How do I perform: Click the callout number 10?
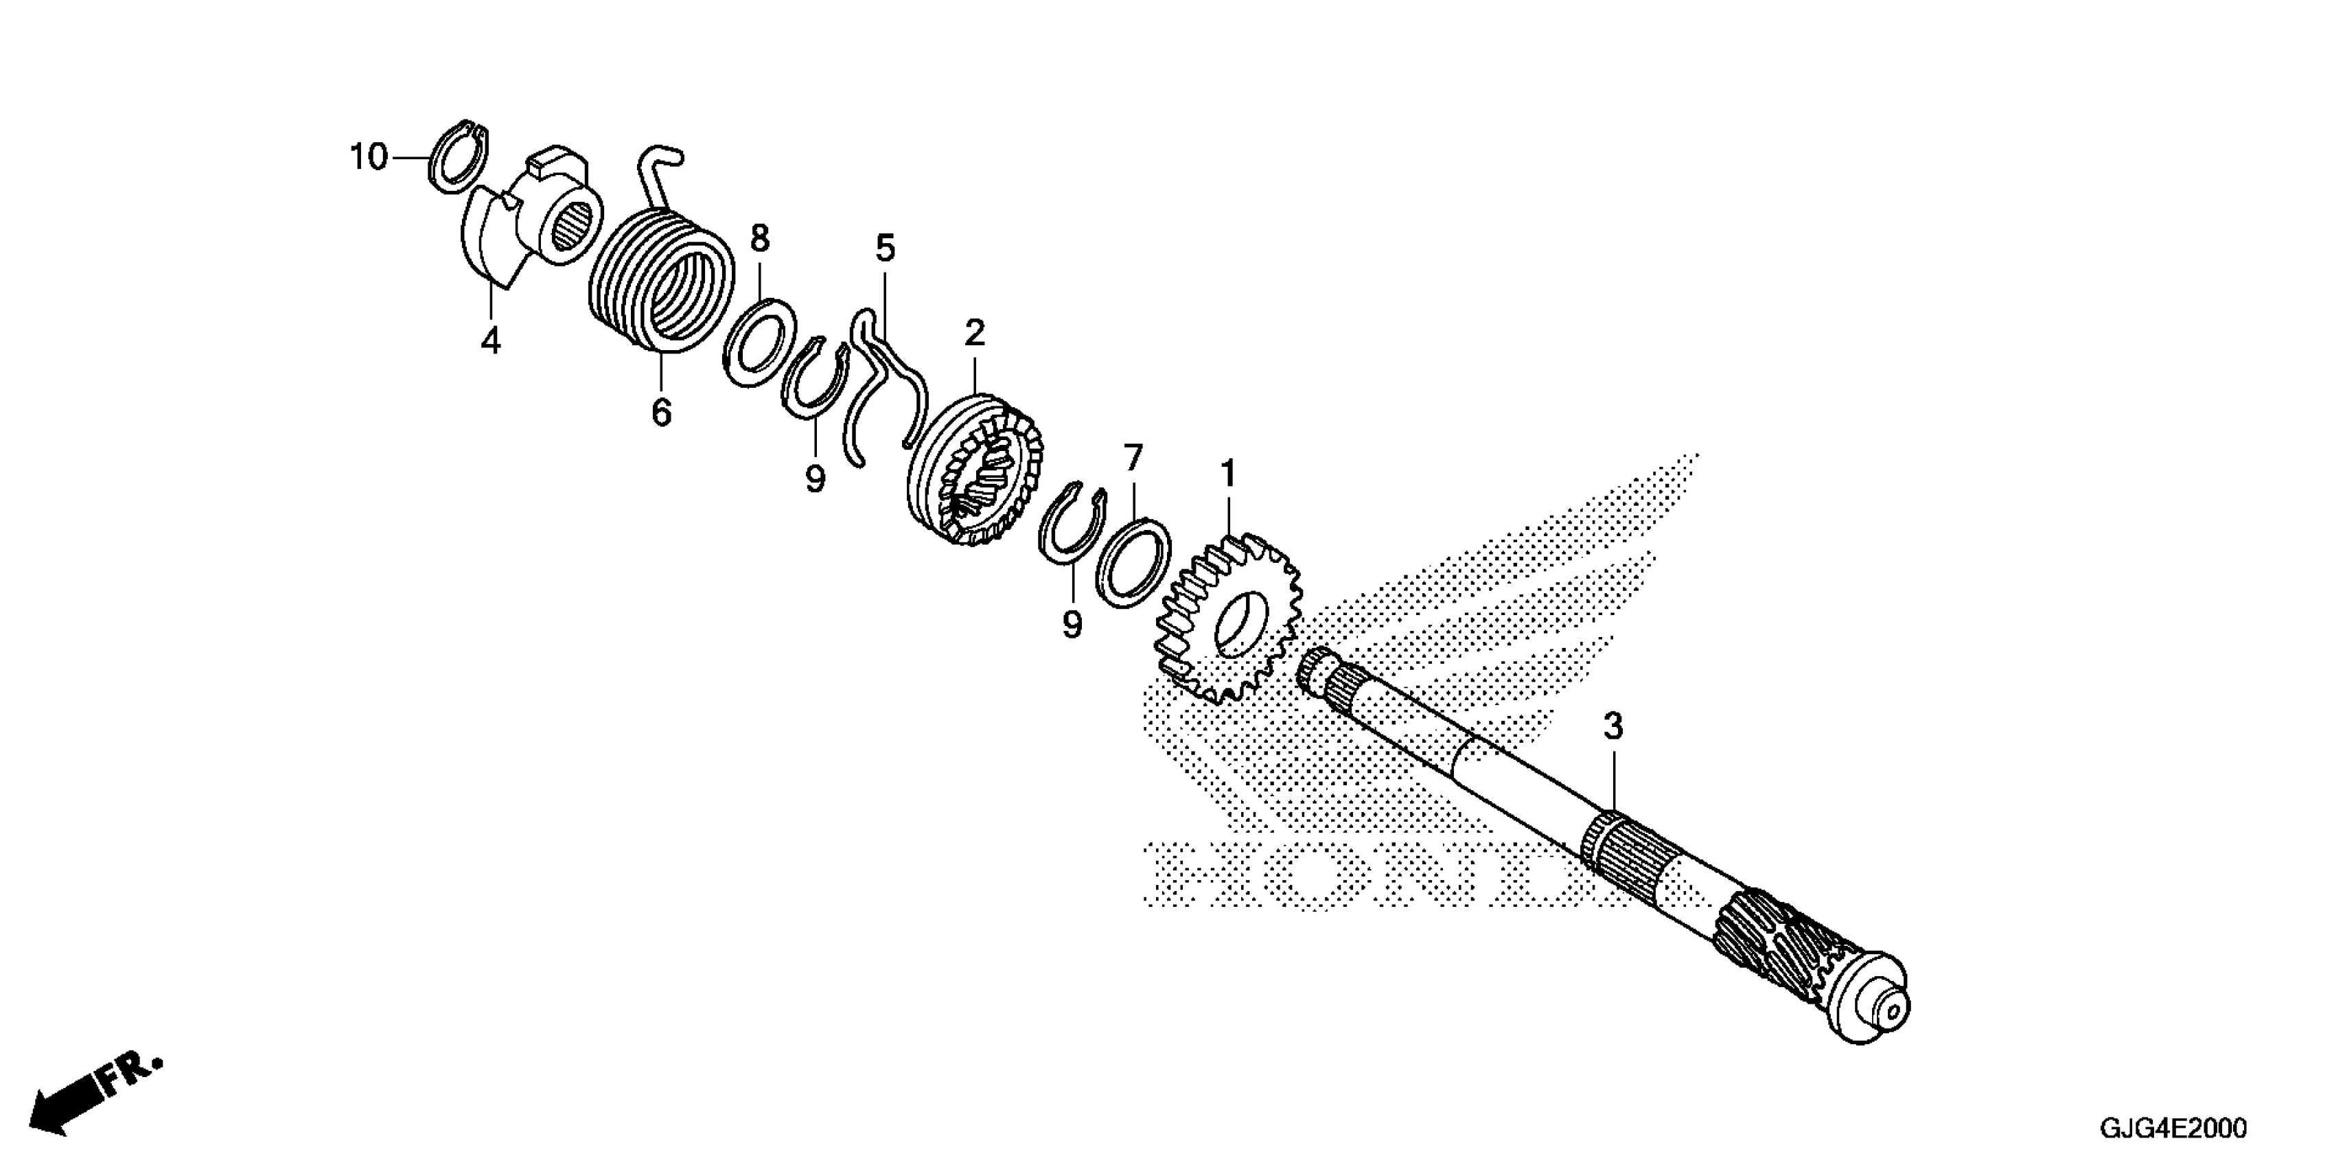click(x=369, y=158)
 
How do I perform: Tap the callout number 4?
click(x=490, y=342)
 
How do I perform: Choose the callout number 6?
click(x=662, y=413)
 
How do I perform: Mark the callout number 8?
click(x=759, y=239)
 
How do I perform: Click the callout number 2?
click(x=974, y=334)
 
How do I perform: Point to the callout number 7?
click(x=1133, y=459)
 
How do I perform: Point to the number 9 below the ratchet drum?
click(x=1072, y=624)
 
